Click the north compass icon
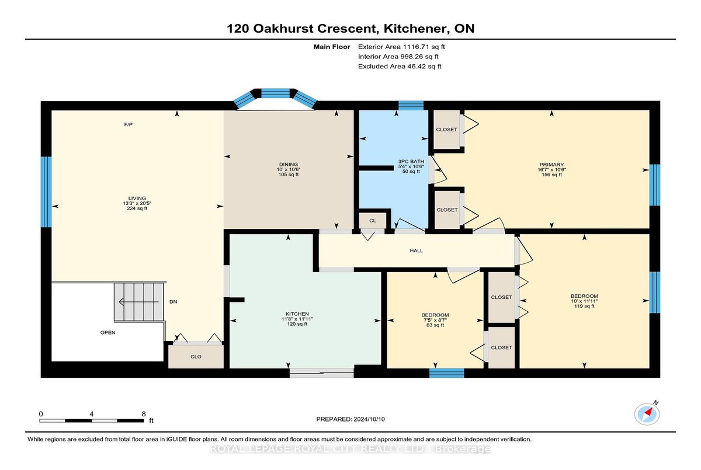click(647, 414)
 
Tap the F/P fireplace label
click(129, 124)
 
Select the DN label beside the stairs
click(173, 302)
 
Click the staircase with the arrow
click(139, 302)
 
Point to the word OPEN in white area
click(107, 332)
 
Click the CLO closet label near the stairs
click(196, 357)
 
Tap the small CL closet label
click(373, 221)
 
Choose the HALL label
click(416, 250)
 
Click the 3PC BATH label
click(411, 161)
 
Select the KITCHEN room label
click(297, 314)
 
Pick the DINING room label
click(289, 164)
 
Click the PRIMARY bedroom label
click(551, 165)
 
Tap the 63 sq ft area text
click(435, 325)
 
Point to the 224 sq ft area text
click(137, 208)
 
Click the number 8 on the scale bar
click(144, 414)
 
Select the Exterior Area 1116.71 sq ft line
click(401, 47)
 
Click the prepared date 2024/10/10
click(369, 419)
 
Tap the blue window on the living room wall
click(46, 192)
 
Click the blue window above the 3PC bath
click(411, 105)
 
